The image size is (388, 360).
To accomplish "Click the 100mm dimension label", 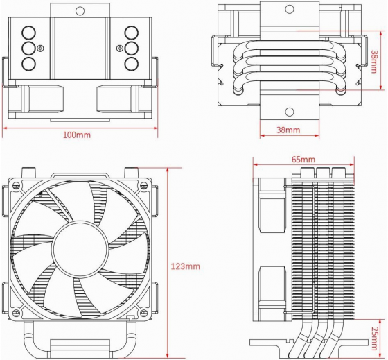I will (x=77, y=135).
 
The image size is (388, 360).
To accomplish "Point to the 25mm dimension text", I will (x=376, y=335).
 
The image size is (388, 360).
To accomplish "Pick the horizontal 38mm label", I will (x=288, y=130).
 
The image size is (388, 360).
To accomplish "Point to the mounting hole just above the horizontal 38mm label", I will (x=288, y=111).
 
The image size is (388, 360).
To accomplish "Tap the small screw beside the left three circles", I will (x=42, y=48).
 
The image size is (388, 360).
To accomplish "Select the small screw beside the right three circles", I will (x=120, y=48).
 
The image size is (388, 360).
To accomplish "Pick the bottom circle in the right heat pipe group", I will (x=131, y=64).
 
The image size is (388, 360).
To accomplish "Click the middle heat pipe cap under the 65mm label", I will (x=322, y=172).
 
